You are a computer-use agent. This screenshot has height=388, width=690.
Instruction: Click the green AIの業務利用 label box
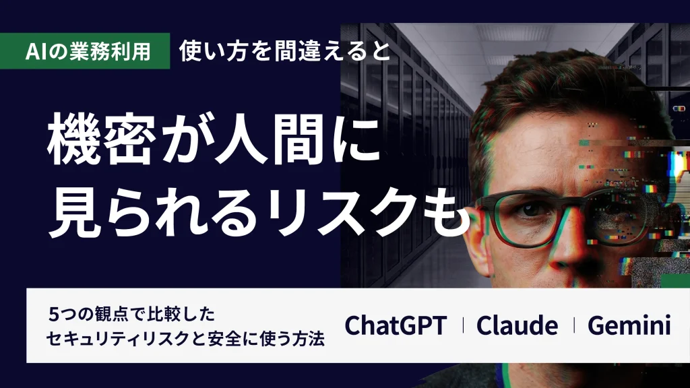(85, 51)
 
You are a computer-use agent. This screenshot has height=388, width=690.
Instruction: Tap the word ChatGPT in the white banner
(396, 325)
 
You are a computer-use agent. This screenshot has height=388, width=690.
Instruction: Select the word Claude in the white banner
(517, 325)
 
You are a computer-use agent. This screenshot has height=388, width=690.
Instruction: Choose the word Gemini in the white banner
(629, 325)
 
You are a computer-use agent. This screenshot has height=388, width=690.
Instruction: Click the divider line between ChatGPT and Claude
(463, 325)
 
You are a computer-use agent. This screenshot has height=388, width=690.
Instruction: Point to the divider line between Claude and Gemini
(574, 325)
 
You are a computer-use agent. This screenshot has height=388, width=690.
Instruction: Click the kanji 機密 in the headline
(102, 139)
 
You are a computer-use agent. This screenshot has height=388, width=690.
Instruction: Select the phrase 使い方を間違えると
(285, 51)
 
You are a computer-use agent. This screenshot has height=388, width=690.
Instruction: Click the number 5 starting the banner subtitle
(53, 315)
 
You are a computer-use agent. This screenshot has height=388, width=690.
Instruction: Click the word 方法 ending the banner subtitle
(309, 339)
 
